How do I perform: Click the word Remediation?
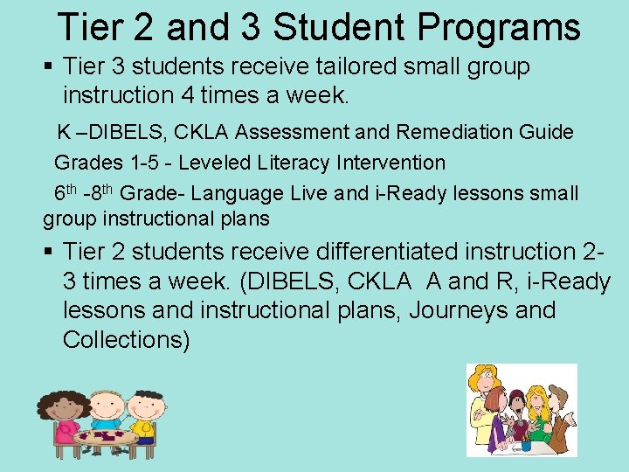[460, 132]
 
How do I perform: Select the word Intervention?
[390, 163]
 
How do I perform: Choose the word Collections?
[126, 339]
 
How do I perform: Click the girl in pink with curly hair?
[66, 415]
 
